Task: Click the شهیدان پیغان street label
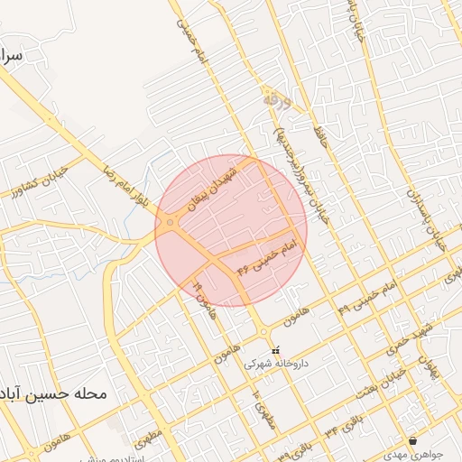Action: click(x=215, y=184)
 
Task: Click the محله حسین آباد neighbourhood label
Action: click(x=54, y=394)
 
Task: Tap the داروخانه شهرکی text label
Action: click(x=276, y=365)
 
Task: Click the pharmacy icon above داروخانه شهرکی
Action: click(x=276, y=350)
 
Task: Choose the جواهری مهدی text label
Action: click(x=414, y=455)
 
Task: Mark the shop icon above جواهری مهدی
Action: click(x=413, y=440)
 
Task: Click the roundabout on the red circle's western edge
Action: click(x=171, y=222)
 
